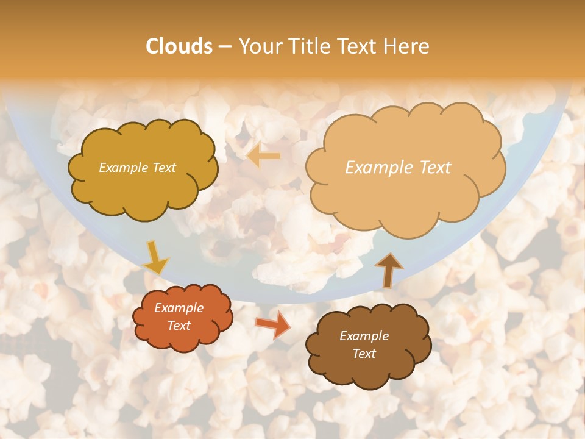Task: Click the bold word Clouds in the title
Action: point(179,46)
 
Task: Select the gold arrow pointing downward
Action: point(155,258)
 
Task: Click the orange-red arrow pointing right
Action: point(273,324)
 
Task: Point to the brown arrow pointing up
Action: point(388,269)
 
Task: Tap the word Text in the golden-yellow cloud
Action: point(165,168)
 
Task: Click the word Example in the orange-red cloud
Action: point(179,308)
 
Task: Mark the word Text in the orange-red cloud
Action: point(179,326)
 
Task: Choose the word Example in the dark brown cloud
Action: point(364,336)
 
